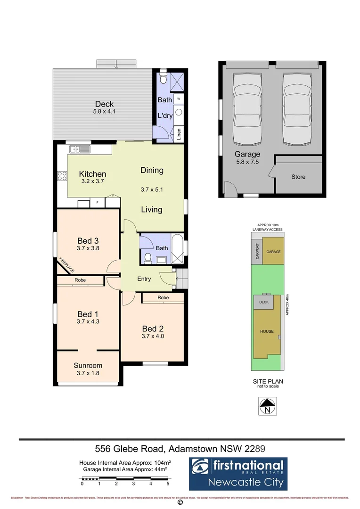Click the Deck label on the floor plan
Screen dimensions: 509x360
pyautogui.click(x=104, y=104)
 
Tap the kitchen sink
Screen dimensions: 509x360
pyautogui.click(x=79, y=149)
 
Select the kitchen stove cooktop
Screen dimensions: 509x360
pyautogui.click(x=62, y=176)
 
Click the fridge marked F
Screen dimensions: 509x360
pyautogui.click(x=98, y=202)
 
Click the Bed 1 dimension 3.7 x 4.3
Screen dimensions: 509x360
pyautogui.click(x=88, y=322)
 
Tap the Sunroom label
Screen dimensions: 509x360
pyautogui.click(x=88, y=365)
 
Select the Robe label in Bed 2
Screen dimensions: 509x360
pyautogui.click(x=163, y=298)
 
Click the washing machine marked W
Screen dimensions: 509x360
pyautogui.click(x=180, y=99)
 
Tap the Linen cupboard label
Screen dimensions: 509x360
pyautogui.click(x=179, y=135)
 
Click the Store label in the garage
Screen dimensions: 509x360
pyautogui.click(x=298, y=177)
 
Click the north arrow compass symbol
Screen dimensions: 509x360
pyautogui.click(x=268, y=406)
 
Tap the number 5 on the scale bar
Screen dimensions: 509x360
pyautogui.click(x=168, y=484)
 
